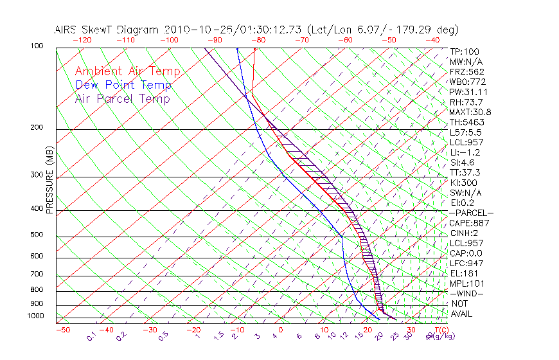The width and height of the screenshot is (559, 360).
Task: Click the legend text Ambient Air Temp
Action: click(127, 72)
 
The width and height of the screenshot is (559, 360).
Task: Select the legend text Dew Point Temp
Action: click(123, 85)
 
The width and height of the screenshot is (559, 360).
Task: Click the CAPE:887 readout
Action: click(469, 223)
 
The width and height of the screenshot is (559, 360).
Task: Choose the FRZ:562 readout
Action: click(466, 72)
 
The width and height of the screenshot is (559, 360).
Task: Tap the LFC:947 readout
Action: click(466, 263)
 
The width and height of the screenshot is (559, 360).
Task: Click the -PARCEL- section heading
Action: click(471, 213)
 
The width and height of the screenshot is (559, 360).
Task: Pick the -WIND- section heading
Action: click(466, 293)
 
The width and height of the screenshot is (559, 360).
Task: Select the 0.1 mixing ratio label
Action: click(92, 336)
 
